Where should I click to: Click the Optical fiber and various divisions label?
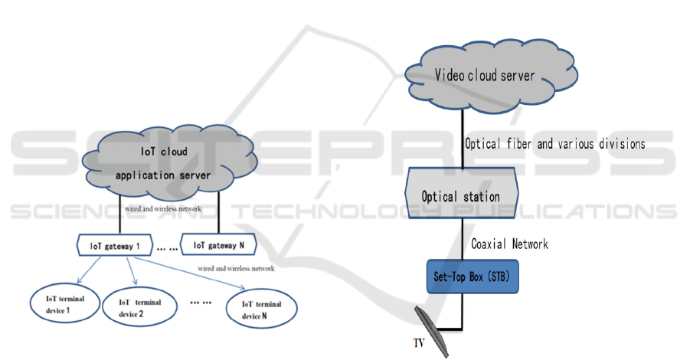click(554, 143)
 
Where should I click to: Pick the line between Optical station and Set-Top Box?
click(462, 237)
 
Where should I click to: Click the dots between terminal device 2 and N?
click(201, 303)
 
